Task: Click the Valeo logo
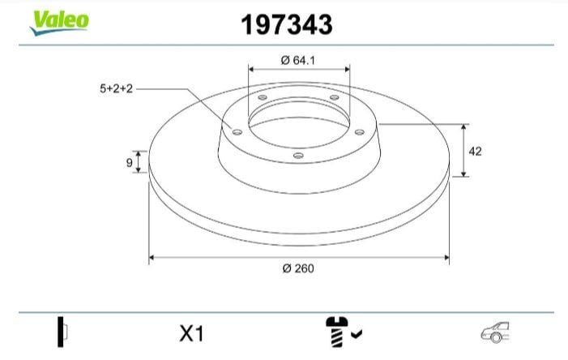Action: click(59, 23)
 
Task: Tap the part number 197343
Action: click(286, 24)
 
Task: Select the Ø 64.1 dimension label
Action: click(297, 60)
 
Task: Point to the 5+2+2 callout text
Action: click(117, 88)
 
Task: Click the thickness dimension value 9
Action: click(129, 163)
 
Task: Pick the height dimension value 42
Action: click(476, 151)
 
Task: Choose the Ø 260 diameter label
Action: click(298, 268)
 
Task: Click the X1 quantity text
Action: click(192, 333)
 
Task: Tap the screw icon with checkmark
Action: click(342, 332)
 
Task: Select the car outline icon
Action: click(495, 332)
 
